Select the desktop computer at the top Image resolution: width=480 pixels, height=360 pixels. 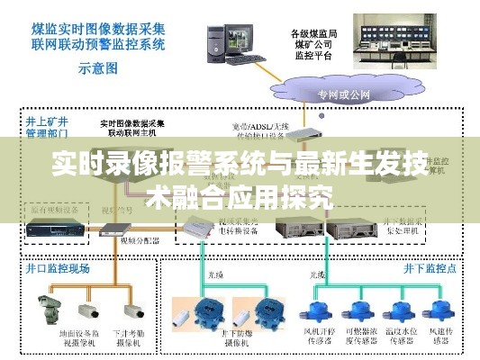(x=224, y=40)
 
